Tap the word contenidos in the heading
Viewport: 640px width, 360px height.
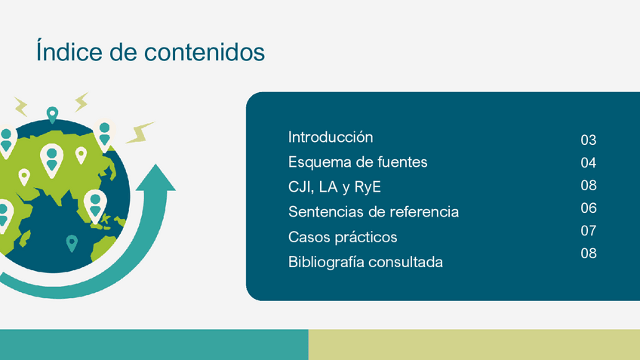pos(205,52)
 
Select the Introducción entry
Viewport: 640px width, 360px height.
pos(331,137)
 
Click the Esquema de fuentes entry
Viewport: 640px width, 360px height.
pos(358,162)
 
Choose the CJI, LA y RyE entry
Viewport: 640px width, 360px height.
pos(334,187)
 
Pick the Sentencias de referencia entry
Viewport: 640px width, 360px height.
pos(374,212)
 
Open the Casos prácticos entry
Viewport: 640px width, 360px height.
pos(343,237)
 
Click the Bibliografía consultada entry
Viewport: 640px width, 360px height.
pos(365,262)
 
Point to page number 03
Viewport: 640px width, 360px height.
pos(588,140)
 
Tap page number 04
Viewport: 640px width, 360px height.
pos(588,163)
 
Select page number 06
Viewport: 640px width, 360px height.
pos(588,208)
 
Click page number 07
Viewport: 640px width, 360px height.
pos(588,231)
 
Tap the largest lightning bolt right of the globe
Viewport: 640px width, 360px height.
pos(140,133)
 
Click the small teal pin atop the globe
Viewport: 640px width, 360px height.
pos(52,115)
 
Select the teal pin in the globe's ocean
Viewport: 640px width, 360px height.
pos(72,243)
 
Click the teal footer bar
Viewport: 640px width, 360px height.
pos(154,344)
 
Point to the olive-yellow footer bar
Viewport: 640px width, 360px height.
pos(474,344)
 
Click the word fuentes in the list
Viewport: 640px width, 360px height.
pos(402,162)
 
